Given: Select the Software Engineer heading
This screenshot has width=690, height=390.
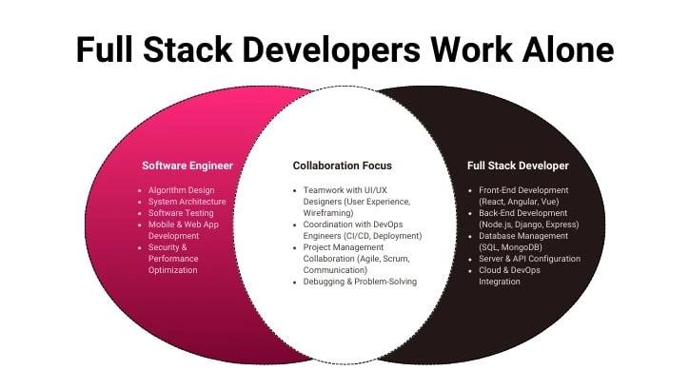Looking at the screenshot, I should [x=187, y=166].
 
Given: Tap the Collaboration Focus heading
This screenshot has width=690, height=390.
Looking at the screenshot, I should [x=342, y=166].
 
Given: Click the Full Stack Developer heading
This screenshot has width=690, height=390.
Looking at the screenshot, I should [x=518, y=166].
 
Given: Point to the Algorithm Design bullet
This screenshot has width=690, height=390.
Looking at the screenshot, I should [x=181, y=190].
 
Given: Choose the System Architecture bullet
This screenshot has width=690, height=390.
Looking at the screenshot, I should [x=187, y=202].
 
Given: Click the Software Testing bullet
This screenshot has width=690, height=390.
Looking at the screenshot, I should [x=181, y=213].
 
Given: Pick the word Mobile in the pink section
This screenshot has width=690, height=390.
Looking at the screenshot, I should [x=163, y=224].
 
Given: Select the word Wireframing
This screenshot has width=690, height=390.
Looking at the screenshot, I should [x=329, y=213].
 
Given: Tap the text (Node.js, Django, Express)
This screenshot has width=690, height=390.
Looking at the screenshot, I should [x=529, y=224].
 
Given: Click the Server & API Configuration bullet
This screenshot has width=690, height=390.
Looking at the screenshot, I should [x=529, y=259].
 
